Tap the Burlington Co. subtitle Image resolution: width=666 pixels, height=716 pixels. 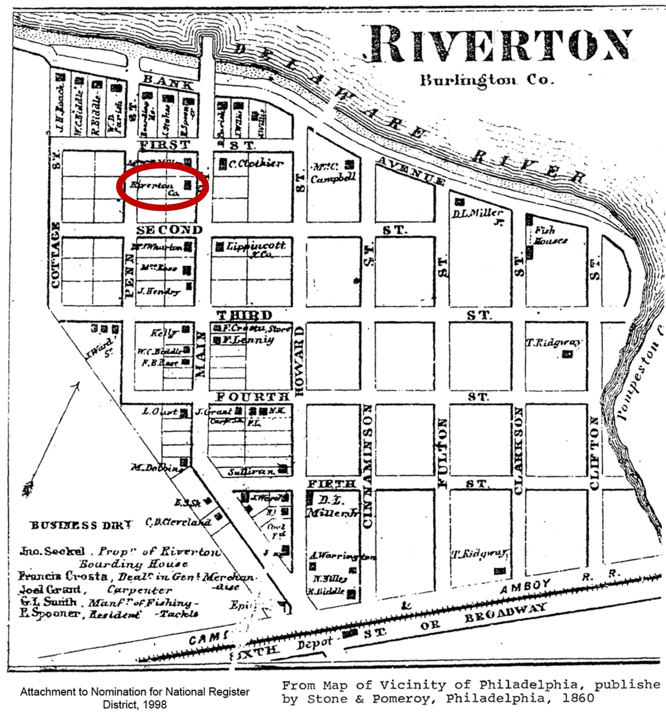(486, 80)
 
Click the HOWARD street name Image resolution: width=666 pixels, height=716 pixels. (299, 360)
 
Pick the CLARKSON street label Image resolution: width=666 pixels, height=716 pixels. (519, 450)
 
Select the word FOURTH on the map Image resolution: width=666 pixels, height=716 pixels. (252, 397)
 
